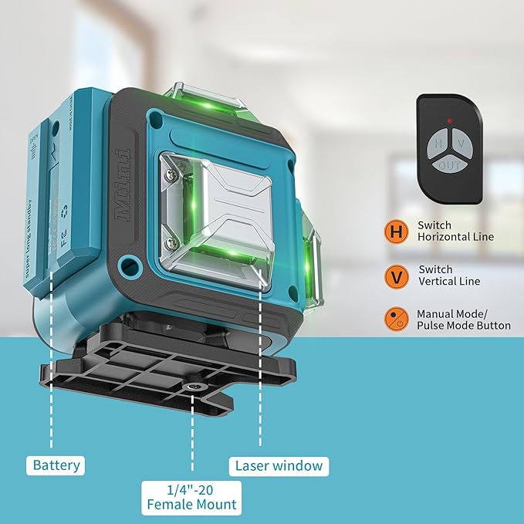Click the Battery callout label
pyautogui.click(x=56, y=465)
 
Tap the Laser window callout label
pyautogui.click(x=279, y=465)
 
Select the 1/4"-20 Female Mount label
pyautogui.click(x=191, y=498)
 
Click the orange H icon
pyautogui.click(x=396, y=231)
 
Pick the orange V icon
pyautogui.click(x=396, y=276)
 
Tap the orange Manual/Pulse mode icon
pyautogui.click(x=396, y=319)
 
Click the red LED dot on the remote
pyautogui.click(x=449, y=121)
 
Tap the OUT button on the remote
pyautogui.click(x=448, y=164)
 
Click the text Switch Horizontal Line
pyautogui.click(x=455, y=231)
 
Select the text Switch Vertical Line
pyautogui.click(x=449, y=276)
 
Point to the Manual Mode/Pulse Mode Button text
pyautogui.click(x=463, y=319)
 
